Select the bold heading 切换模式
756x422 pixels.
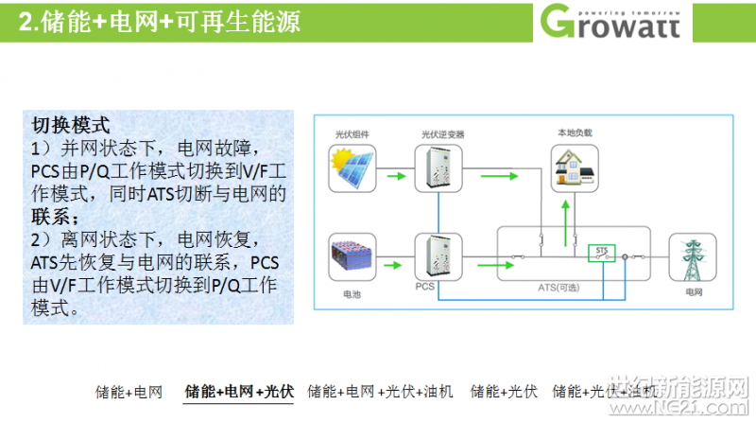(x=71, y=125)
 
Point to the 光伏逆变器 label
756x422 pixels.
(x=441, y=134)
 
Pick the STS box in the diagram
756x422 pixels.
(x=601, y=253)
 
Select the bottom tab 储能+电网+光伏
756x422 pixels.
(x=238, y=391)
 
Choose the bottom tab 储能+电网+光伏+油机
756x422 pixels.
(x=381, y=391)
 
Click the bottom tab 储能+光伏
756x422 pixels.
(x=503, y=391)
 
